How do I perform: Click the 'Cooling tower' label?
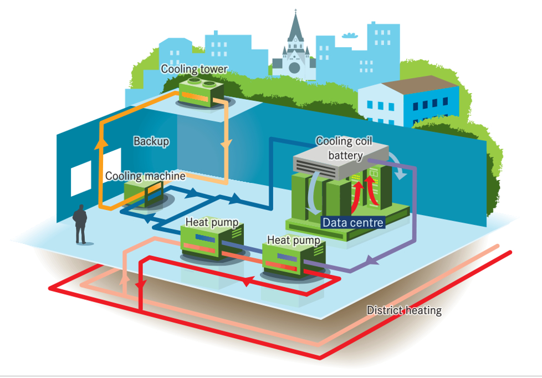194,69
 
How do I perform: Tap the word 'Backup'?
151,141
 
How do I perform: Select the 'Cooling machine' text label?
145,176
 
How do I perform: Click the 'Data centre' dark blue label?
353,222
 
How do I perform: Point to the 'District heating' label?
404,310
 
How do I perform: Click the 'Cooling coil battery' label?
341,148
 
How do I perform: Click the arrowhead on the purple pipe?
367,260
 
